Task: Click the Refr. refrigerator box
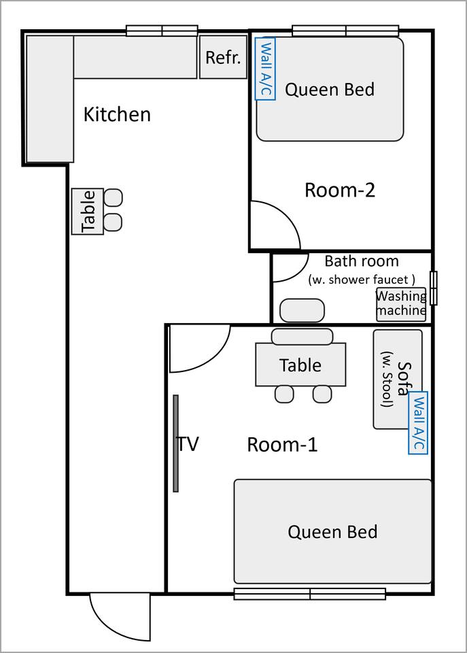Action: click(223, 56)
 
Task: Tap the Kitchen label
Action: click(117, 114)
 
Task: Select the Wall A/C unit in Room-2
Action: click(265, 69)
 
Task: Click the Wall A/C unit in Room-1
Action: click(418, 422)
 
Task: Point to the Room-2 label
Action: click(340, 190)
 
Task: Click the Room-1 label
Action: click(282, 444)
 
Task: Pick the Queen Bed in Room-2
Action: click(330, 89)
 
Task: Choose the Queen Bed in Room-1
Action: click(332, 531)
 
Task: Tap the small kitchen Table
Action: click(88, 211)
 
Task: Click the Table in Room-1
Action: click(300, 365)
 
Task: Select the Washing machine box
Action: click(401, 304)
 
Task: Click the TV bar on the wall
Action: click(175, 443)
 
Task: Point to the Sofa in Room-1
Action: click(398, 379)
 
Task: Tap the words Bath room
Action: click(361, 261)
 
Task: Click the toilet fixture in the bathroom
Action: click(302, 310)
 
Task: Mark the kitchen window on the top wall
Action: click(162, 31)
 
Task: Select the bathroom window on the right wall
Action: click(433, 288)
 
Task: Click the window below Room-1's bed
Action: click(310, 593)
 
